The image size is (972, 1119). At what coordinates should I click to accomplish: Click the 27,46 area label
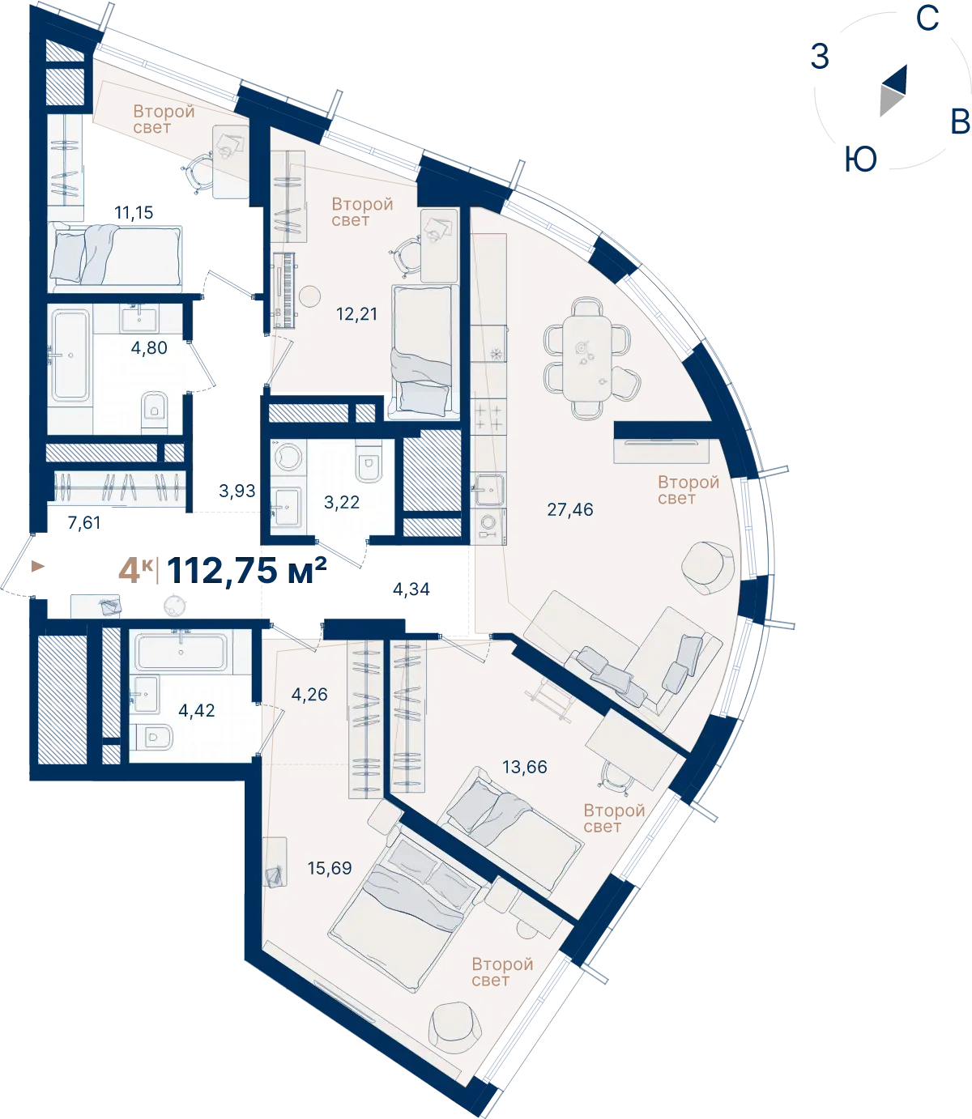pos(570,510)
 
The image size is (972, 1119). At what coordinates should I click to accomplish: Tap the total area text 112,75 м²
pos(247,571)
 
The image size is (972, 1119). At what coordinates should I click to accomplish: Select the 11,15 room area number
pos(134,212)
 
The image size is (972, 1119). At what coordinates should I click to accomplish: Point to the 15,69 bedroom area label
pos(330,868)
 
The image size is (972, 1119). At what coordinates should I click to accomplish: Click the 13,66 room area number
pos(525,767)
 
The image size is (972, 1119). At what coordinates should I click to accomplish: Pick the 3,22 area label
pos(342,502)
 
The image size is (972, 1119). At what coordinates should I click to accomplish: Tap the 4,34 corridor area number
pos(411,589)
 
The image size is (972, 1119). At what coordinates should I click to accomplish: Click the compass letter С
pos(927,18)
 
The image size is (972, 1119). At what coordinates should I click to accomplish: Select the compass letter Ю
pos(861,160)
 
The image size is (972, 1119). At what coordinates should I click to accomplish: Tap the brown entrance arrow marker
pos(38,566)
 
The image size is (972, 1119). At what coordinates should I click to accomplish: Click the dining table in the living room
pos(587,358)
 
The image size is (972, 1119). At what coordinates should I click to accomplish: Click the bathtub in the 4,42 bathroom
pos(181,651)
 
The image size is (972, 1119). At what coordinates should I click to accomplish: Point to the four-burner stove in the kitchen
pos(488,417)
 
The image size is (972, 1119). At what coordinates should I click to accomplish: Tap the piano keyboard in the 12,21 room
pos(287,291)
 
